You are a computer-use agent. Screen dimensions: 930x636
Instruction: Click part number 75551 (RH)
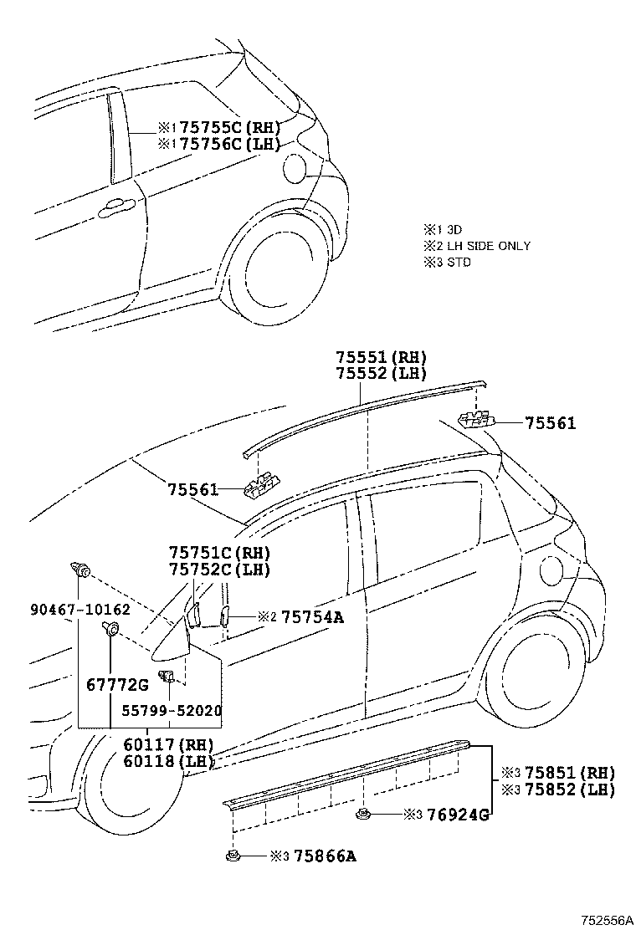coord(382,356)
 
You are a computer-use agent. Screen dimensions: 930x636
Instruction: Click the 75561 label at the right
coord(551,424)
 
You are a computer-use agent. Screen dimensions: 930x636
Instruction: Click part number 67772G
coord(117,685)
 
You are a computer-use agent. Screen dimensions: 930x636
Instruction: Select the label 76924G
coord(457,814)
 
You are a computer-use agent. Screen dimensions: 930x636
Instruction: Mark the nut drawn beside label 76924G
coord(362,813)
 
